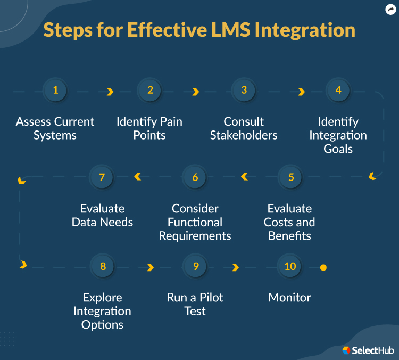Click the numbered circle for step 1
coord(55,90)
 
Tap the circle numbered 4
coord(338,90)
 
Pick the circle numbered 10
coord(290,266)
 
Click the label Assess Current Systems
coord(55,128)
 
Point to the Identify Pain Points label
coord(149,128)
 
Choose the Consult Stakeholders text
coord(244,128)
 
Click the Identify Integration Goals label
coord(338,135)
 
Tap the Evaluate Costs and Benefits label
coord(289,222)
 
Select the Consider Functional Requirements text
coord(195,222)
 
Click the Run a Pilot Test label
coord(195,304)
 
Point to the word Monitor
coord(290,297)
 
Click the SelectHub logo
coord(368,350)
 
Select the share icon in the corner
coord(390,10)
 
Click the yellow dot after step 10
coord(323,267)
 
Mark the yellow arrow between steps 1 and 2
coord(110,92)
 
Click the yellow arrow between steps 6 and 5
coord(244,176)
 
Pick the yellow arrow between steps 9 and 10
coord(235,267)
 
